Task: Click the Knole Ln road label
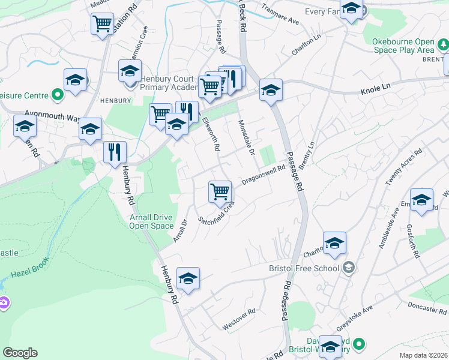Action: point(375,90)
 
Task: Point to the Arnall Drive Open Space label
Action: point(151,221)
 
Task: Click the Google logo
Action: point(20,353)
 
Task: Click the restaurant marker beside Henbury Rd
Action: point(115,152)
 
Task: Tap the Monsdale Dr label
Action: point(246,135)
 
